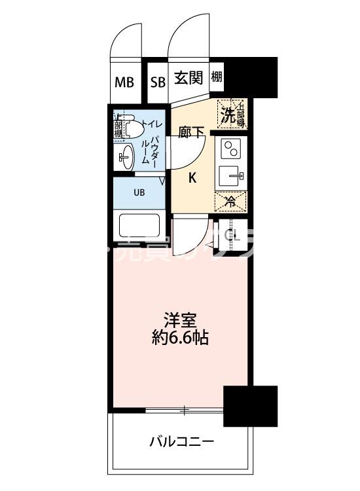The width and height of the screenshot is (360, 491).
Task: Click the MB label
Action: [x=124, y=82]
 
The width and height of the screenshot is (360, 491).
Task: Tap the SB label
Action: [x=158, y=82]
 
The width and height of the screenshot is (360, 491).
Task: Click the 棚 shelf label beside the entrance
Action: [x=217, y=77]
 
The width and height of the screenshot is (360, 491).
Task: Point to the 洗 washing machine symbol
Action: [x=228, y=115]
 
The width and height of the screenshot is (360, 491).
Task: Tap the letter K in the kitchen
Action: [x=192, y=177]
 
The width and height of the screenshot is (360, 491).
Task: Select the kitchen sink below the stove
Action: [x=230, y=175]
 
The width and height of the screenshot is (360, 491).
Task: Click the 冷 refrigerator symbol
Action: [x=230, y=201]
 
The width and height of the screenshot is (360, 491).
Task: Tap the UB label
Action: [x=139, y=192]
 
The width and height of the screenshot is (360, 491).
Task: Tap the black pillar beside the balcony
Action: [x=250, y=406]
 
